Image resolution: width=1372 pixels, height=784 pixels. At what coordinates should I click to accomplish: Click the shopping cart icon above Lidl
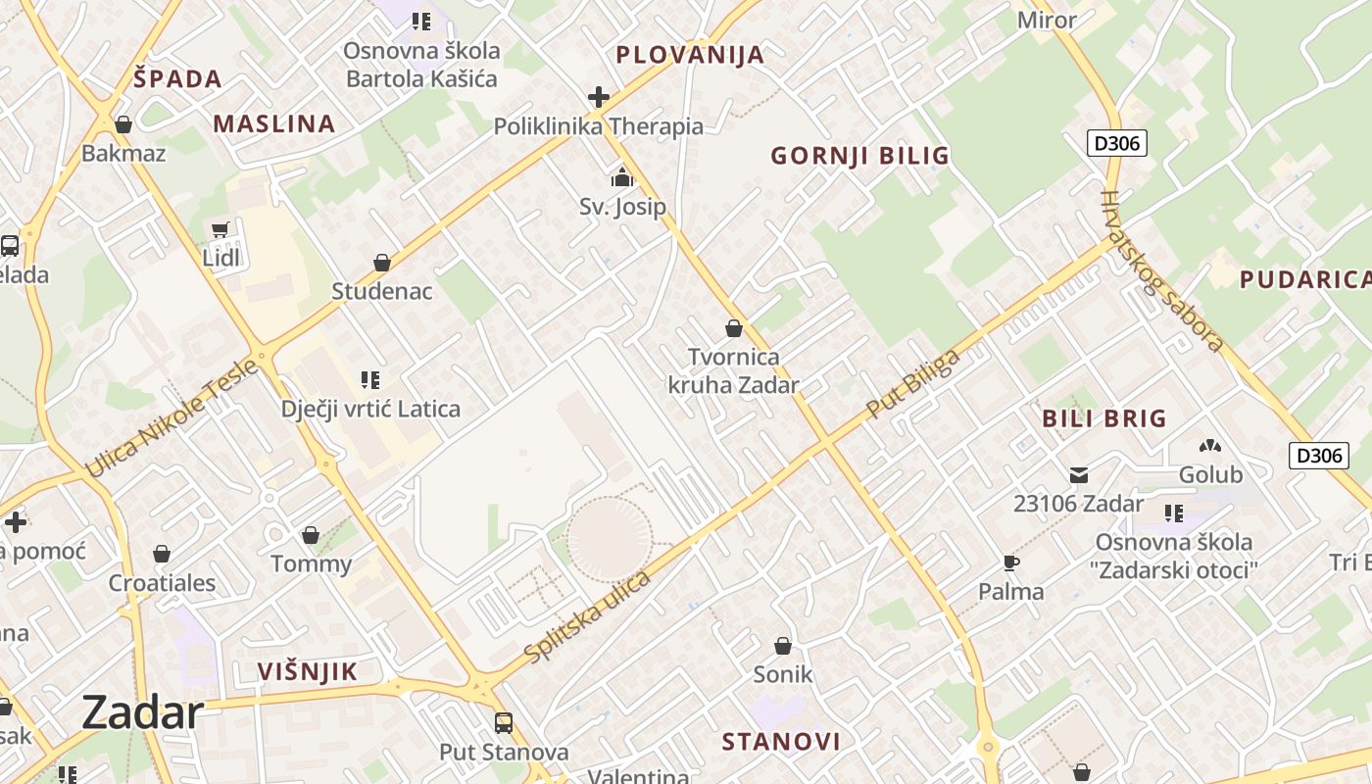(220, 230)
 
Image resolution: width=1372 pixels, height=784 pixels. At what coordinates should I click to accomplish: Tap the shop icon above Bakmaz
(123, 124)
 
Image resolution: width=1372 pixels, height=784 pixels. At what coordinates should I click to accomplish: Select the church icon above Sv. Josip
(622, 178)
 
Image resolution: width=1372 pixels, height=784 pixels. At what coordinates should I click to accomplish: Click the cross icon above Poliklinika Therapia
(598, 97)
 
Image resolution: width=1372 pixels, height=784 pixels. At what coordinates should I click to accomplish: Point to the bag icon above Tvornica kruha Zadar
(733, 328)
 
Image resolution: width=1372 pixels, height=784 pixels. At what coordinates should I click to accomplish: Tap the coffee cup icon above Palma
(1011, 563)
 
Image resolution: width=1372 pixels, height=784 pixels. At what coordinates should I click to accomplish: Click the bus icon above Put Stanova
(504, 723)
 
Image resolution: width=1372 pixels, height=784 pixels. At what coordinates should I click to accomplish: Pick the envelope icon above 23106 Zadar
(1078, 475)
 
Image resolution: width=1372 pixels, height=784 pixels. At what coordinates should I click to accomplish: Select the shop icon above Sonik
(782, 646)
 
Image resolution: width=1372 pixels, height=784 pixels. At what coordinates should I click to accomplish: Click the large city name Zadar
(143, 712)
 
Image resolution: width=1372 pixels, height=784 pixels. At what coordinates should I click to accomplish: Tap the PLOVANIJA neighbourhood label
(690, 55)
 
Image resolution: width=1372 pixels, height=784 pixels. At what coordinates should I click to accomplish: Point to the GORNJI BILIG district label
(859, 156)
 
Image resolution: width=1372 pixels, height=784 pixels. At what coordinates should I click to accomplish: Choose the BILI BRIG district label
(1104, 418)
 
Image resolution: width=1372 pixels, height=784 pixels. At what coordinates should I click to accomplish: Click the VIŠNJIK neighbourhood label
(307, 671)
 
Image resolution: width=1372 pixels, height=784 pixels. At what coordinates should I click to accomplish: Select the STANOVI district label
(781, 741)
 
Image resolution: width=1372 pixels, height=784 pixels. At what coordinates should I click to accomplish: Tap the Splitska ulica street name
(588, 615)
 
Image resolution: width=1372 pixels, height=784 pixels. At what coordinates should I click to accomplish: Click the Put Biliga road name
(912, 384)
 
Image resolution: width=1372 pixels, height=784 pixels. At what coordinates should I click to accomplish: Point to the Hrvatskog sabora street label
(1162, 270)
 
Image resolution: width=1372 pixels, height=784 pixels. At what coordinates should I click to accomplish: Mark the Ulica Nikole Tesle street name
(172, 418)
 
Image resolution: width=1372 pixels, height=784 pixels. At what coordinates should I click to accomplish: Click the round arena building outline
(610, 538)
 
